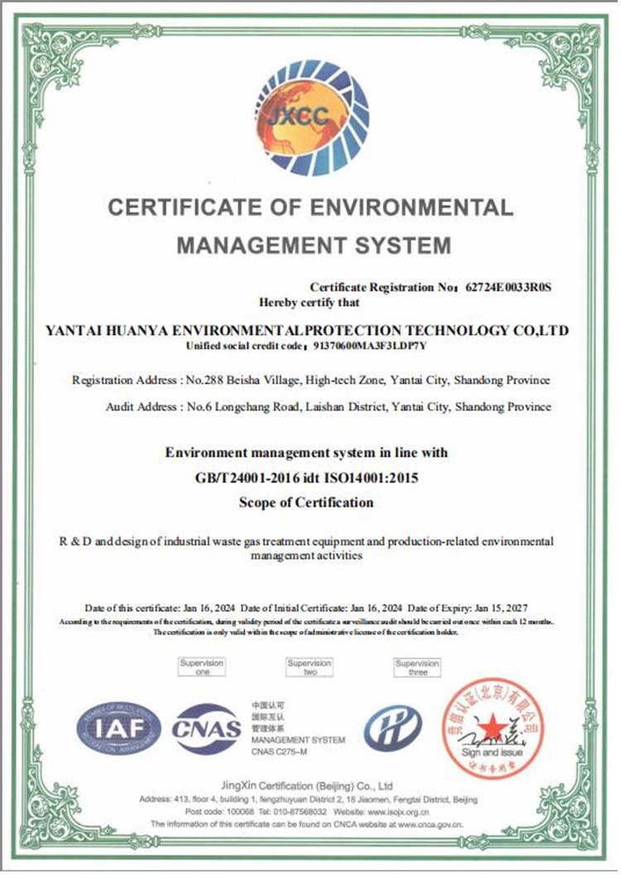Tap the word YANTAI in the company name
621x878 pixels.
click(79, 330)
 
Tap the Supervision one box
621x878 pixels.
click(202, 668)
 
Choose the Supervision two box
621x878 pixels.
click(310, 668)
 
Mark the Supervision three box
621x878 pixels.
click(417, 668)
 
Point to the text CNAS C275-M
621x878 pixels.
click(279, 750)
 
